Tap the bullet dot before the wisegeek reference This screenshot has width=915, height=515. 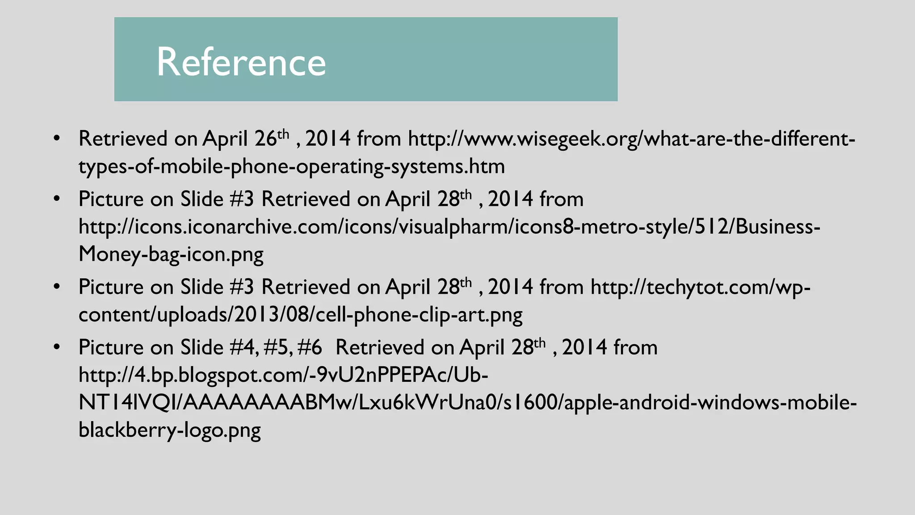[56, 138]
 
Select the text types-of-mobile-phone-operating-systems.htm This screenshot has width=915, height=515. [291, 166]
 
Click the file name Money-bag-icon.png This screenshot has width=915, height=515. [171, 254]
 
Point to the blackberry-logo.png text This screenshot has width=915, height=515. [169, 430]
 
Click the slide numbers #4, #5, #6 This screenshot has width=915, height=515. [276, 347]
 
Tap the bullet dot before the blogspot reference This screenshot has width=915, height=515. [56, 347]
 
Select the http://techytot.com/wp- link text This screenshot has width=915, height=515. [700, 287]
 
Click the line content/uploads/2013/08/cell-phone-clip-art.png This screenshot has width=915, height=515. [300, 315]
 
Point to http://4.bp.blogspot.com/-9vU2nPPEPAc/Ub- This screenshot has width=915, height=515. [283, 375]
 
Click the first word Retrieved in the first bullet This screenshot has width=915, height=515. [123, 139]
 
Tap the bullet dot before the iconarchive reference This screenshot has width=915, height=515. [56, 198]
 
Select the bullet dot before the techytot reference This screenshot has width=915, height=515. [56, 287]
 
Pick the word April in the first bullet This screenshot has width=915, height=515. [225, 139]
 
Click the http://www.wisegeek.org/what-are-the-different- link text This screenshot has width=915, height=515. [631, 139]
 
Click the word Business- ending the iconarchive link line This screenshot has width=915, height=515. [777, 227]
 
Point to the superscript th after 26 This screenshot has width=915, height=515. [283, 134]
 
